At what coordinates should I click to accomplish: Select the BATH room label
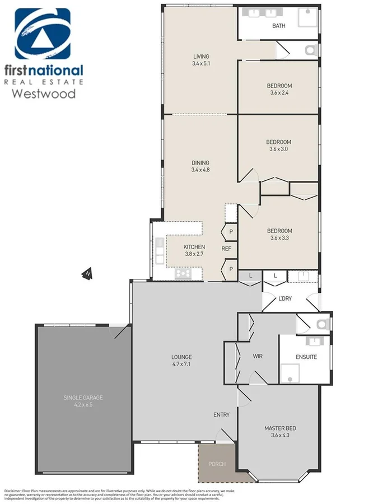[x=278, y=26]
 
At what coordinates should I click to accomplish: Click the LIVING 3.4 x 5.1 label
[x=201, y=60]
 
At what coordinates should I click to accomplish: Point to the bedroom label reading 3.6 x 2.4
[x=279, y=90]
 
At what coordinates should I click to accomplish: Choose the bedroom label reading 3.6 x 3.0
[x=279, y=146]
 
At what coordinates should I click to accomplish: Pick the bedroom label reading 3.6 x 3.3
[x=279, y=234]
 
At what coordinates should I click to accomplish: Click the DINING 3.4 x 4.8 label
[x=201, y=166]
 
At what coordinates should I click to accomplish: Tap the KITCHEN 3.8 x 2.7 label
[x=194, y=250]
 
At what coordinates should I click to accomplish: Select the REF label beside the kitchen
[x=226, y=249]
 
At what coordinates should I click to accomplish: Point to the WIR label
[x=258, y=356]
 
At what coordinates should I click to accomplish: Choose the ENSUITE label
[x=306, y=357]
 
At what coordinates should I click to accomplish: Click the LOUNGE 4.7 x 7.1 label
[x=181, y=360]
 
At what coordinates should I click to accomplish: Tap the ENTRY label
[x=221, y=414]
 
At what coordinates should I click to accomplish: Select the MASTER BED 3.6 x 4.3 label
[x=280, y=432]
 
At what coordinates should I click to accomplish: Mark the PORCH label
[x=216, y=464]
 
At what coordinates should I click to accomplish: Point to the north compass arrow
[x=87, y=273]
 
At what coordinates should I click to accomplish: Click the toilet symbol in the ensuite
[x=321, y=324]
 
